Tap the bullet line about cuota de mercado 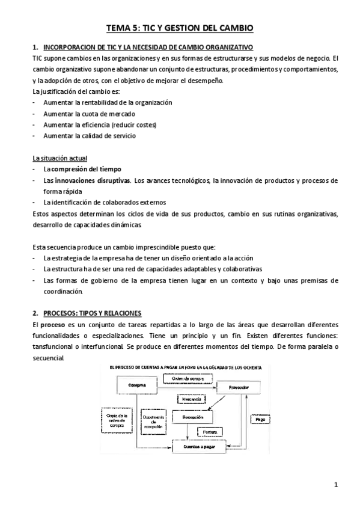point(89,114)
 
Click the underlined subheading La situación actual point(59,158)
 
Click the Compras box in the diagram point(137,384)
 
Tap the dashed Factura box point(209,431)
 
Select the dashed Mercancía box point(192,399)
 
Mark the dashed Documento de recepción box point(154,419)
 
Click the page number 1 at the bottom point(337,484)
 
